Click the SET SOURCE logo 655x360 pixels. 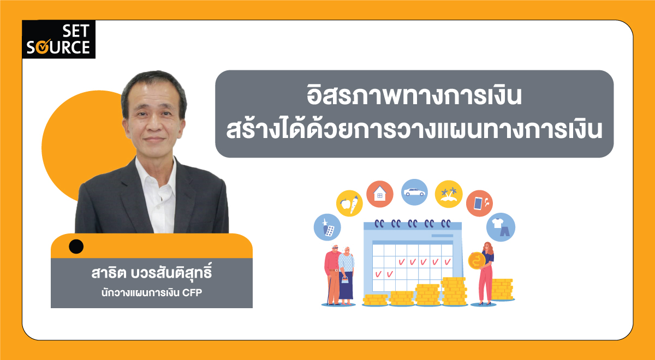pyautogui.click(x=58, y=39)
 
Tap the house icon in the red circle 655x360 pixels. pyautogui.click(x=380, y=194)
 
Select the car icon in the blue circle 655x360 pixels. pyautogui.click(x=414, y=192)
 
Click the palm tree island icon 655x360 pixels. pyautogui.click(x=449, y=194)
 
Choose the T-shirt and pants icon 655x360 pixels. pyautogui.click(x=501, y=227)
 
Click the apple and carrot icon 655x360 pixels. pyautogui.click(x=349, y=204)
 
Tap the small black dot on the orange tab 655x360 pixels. pyautogui.click(x=76, y=247)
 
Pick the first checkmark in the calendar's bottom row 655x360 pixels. pyautogui.click(x=377, y=273)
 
